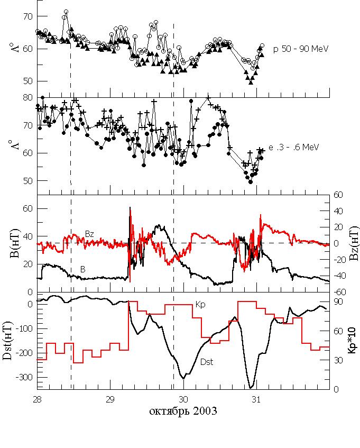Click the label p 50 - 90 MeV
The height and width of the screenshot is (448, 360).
[x=301, y=49]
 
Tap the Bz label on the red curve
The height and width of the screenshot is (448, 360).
[x=90, y=233]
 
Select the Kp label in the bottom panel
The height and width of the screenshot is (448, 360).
[x=200, y=305]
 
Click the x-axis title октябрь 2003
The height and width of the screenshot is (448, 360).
[x=183, y=410]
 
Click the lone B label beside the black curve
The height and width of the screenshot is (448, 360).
[x=82, y=269]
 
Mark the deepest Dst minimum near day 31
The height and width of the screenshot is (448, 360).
[x=251, y=388]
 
